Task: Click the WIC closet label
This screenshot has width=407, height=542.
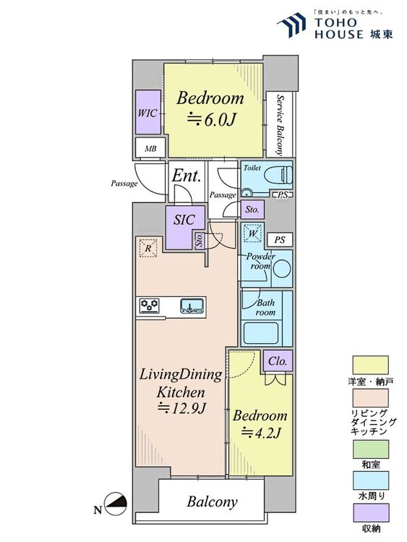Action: [147, 113]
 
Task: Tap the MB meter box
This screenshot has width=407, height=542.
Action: [150, 149]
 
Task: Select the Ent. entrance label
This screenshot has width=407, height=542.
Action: [187, 176]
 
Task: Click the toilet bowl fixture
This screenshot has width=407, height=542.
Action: [278, 176]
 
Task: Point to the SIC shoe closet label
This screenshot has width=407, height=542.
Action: [184, 220]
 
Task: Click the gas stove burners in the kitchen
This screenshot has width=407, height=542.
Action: [150, 306]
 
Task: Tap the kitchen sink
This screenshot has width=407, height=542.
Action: [192, 306]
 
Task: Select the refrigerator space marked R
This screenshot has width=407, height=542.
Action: [148, 248]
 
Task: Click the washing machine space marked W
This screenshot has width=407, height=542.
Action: [253, 233]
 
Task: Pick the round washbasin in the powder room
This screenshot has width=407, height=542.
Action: [283, 269]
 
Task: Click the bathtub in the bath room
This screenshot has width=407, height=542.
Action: [260, 333]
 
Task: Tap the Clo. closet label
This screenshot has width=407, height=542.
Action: [278, 361]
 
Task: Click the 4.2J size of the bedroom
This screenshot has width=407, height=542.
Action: [261, 432]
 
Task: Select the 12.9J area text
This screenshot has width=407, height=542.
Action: [181, 408]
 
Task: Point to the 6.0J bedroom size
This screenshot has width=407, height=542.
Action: [211, 119]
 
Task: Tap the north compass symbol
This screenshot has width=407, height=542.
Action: [116, 504]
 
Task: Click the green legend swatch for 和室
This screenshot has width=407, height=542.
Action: [370, 449]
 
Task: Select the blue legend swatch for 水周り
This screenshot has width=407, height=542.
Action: [370, 481]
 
